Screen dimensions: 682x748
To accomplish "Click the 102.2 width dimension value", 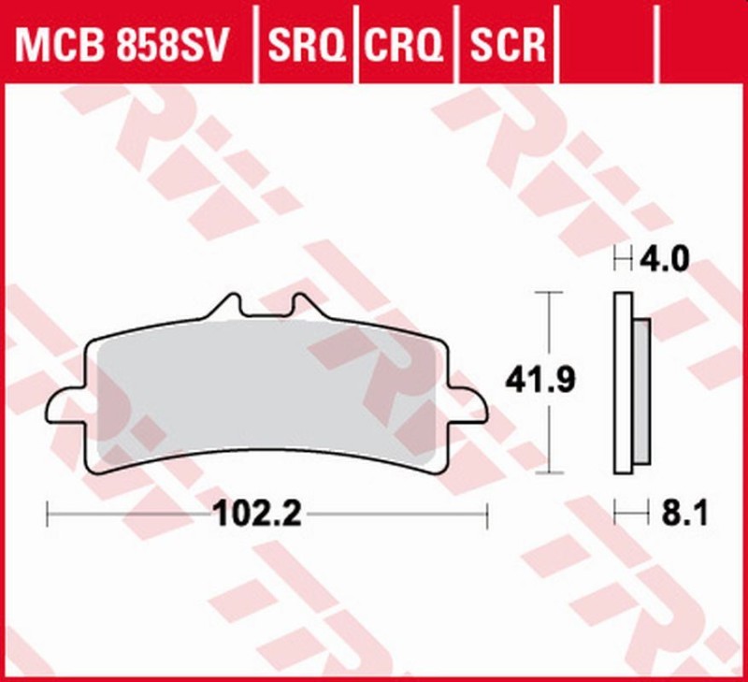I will [257, 514].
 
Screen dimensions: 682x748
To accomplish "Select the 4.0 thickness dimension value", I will [665, 257].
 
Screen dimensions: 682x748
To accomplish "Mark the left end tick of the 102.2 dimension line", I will [48, 513].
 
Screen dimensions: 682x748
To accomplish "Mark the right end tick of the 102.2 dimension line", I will [487, 513].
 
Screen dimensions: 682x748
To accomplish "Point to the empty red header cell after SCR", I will [609, 41].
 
